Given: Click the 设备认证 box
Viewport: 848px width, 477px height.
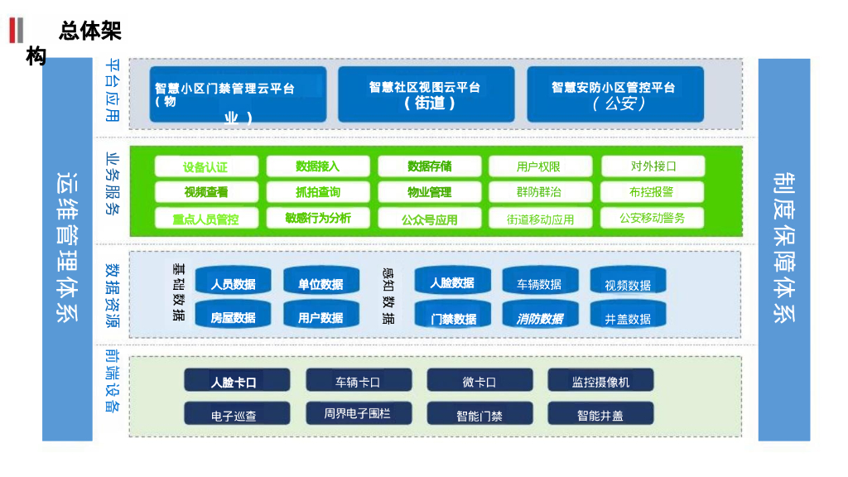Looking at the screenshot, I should pos(206,166).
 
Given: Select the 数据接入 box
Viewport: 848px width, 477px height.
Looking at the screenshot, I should pos(317,166).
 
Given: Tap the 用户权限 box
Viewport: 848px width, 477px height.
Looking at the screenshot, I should pos(538,166).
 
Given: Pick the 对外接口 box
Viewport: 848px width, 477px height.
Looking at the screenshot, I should pos(653,166).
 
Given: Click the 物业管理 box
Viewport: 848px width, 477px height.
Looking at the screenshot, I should pos(429,192).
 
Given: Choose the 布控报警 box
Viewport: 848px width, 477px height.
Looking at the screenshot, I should pos(653,192).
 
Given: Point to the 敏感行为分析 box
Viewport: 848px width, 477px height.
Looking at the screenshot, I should pos(317,218).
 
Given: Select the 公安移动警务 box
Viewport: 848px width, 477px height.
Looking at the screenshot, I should pos(653,218).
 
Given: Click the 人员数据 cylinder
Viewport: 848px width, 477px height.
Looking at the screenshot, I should pos(233,282).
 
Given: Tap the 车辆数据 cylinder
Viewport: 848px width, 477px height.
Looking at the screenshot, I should pos(539,282).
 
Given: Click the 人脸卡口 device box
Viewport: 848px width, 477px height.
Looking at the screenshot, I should pos(237,381).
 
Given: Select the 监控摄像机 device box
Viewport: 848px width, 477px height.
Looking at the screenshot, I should pos(600,381).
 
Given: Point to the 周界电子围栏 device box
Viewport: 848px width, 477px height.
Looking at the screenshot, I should pos(358,413).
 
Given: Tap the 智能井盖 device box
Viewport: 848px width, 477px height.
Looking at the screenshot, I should pos(600,414).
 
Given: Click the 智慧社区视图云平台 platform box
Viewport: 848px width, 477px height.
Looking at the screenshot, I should pos(425,94).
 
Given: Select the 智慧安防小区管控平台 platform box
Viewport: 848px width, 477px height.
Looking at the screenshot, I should pos(614,94).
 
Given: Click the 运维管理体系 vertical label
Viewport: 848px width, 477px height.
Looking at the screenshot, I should pos(67,248).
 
